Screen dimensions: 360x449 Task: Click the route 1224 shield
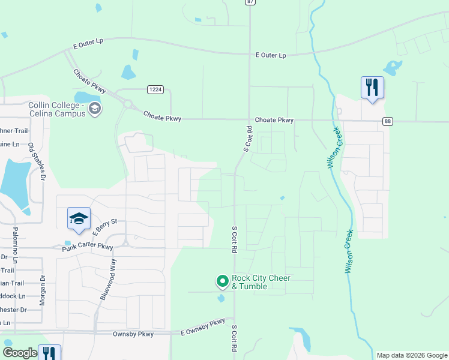point(155,89)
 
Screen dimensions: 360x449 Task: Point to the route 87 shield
point(250,2)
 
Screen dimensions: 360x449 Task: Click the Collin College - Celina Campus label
point(57,109)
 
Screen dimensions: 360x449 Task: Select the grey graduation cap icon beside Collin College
point(94,109)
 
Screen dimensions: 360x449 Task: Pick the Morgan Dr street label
point(42,290)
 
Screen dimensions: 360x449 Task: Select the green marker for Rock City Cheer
point(222,280)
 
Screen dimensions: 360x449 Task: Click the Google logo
point(20,353)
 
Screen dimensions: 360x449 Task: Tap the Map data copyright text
point(411,355)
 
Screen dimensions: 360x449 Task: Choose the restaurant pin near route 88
point(372,88)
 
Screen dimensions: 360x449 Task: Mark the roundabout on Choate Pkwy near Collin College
point(127,104)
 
